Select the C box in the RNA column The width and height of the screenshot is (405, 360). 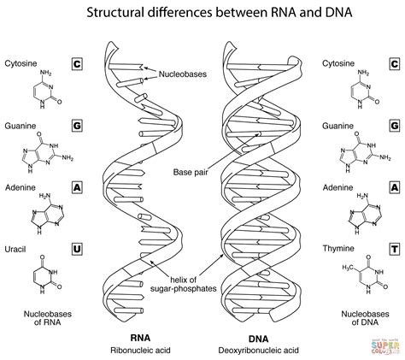point(76,64)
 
